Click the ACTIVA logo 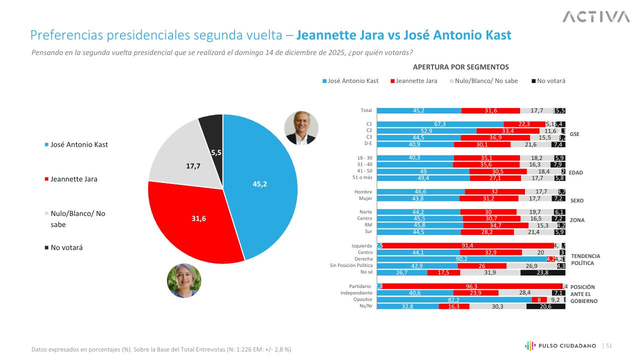click(596, 17)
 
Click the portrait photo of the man click(301, 127)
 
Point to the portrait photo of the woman click(184, 280)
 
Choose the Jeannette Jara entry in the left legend click(73, 179)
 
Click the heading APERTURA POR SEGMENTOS click(460, 67)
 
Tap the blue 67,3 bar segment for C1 click(440, 124)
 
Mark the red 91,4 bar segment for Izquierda click(468, 245)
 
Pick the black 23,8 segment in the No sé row click(542, 272)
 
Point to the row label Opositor click(363, 299)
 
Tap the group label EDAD click(576, 172)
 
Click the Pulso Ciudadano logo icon click(530, 345)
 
